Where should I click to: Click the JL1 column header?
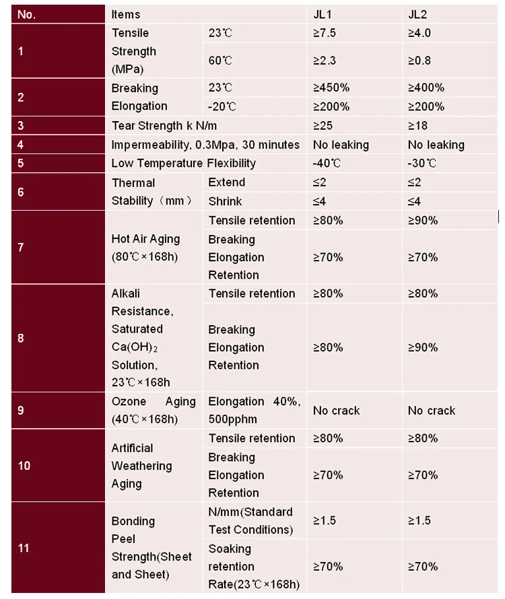(323, 14)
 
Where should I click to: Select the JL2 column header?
(419, 14)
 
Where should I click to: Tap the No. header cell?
(26, 14)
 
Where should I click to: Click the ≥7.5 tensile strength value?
(325, 33)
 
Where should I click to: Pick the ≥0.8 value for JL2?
(419, 61)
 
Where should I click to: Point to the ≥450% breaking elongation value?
(331, 87)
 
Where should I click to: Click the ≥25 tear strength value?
(323, 125)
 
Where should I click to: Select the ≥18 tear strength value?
(418, 125)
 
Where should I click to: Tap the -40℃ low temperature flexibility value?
(327, 164)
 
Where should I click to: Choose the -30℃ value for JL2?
(422, 164)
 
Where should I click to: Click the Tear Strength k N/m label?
(164, 125)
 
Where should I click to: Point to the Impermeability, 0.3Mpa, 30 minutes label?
(205, 145)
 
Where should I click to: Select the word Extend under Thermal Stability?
(227, 182)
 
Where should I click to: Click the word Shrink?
(225, 201)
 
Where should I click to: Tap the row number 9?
(21, 410)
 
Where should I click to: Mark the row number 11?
(24, 548)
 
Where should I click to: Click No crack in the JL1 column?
(337, 411)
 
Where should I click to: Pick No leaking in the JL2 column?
(436, 145)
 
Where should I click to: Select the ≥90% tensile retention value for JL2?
(423, 220)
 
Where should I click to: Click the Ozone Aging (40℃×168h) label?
(154, 410)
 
